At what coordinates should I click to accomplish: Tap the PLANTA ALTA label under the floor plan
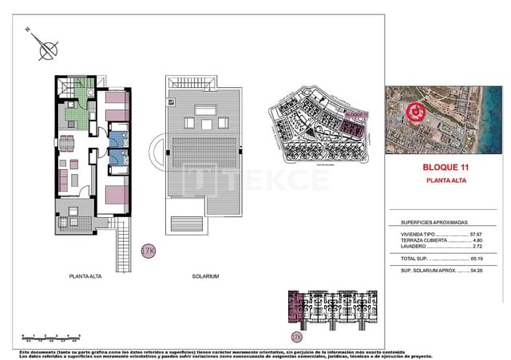coord(83,276)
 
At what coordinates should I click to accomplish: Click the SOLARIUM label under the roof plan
coord(205,276)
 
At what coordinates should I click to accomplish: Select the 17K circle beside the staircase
coord(148,251)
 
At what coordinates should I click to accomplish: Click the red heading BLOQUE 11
coord(444,168)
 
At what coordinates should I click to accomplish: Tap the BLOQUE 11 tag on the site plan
coord(354,113)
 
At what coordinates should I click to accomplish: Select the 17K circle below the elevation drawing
coord(297,337)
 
